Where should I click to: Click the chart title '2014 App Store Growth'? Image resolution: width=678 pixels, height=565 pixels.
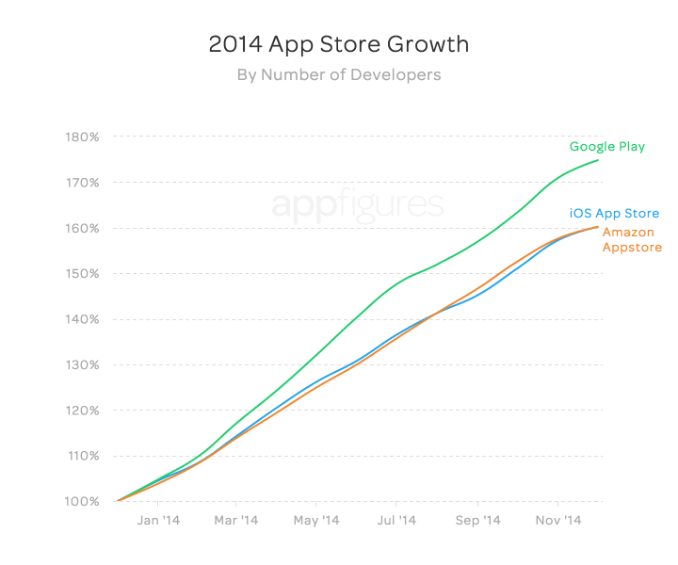tap(338, 44)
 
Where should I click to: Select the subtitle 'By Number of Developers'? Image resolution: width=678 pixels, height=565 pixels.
tap(338, 74)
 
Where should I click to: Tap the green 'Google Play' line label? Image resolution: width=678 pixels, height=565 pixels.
tap(607, 146)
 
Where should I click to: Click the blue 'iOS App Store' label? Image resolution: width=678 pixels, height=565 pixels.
tap(614, 214)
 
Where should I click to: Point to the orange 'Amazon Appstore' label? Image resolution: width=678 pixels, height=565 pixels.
tap(632, 240)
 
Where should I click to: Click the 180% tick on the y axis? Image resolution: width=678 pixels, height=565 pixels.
tap(83, 137)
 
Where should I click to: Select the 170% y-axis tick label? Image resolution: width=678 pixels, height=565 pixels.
tap(83, 183)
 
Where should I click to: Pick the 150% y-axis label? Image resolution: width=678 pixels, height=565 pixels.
tap(83, 274)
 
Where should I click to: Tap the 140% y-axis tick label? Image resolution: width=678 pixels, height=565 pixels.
tap(83, 319)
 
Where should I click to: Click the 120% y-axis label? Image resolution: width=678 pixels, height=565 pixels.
tap(83, 411)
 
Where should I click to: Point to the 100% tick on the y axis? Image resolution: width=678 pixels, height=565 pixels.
tap(83, 501)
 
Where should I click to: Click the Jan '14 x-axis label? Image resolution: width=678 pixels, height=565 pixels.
tap(158, 520)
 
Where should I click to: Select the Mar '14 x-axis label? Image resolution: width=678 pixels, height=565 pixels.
tap(236, 520)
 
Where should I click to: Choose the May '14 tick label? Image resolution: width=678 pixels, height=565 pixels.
tap(317, 520)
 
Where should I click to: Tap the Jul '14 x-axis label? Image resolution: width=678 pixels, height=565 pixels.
tap(396, 520)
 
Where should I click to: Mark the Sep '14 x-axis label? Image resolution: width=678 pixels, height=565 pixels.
tap(477, 520)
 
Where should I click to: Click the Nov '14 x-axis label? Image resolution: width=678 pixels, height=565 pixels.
tap(558, 520)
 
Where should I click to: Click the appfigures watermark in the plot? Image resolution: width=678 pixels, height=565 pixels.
tap(358, 204)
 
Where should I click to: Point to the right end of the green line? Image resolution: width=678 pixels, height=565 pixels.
tap(598, 160)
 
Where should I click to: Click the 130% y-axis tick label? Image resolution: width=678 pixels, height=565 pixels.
tap(83, 365)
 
